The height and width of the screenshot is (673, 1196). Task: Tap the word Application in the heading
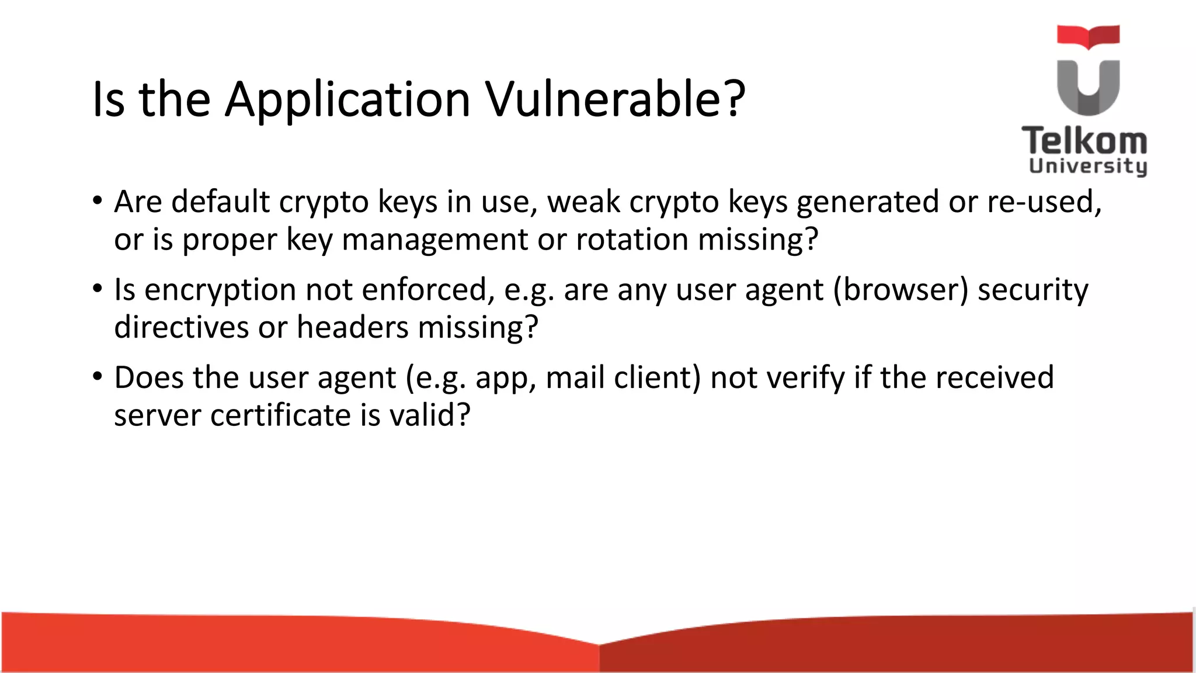click(x=347, y=99)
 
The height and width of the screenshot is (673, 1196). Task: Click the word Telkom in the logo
click(x=1084, y=141)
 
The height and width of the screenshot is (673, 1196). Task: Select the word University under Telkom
click(x=1087, y=166)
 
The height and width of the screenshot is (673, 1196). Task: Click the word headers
click(x=352, y=327)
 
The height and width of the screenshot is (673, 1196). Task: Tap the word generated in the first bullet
click(x=867, y=202)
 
